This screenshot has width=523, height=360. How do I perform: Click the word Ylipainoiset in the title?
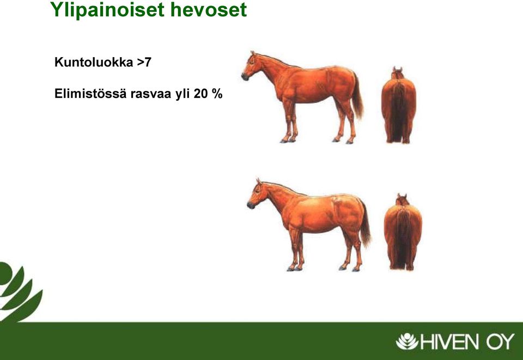108,10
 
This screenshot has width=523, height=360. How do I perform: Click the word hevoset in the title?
209,9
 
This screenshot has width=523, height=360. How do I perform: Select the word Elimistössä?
90,94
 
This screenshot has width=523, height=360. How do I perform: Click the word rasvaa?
151,94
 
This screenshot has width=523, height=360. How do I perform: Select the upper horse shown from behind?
399,105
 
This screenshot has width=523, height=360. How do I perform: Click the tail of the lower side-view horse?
365,223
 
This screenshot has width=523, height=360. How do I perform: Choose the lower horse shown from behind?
403,232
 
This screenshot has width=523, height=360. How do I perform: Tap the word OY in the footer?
500,342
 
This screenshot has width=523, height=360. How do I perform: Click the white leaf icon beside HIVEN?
407,341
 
